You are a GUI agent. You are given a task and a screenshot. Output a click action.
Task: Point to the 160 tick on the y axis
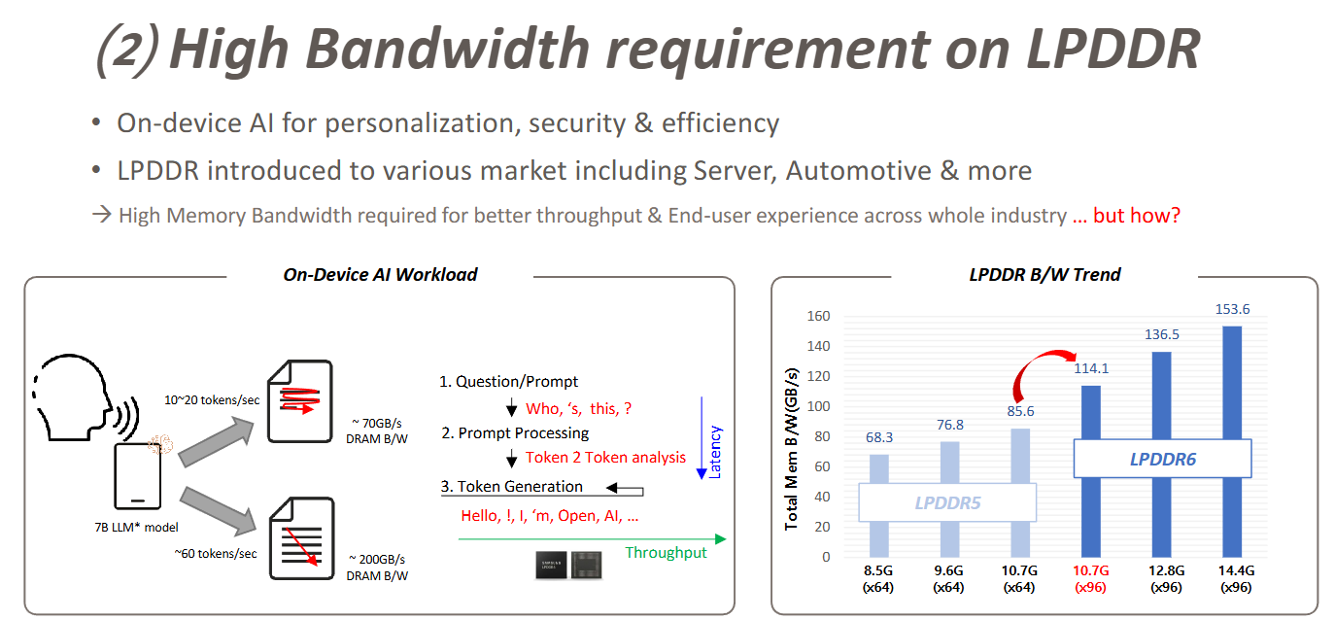817,316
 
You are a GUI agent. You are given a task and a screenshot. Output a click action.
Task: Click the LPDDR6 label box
1162,459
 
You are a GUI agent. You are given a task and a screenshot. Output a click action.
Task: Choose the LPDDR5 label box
947,503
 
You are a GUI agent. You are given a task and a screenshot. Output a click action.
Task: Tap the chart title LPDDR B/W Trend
1044,275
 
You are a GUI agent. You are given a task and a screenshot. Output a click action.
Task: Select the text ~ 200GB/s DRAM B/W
378,568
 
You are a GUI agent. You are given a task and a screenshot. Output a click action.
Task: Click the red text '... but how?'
1126,216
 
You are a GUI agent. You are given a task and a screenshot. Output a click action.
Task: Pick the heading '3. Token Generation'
512,487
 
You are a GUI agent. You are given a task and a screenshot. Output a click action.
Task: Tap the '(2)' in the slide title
127,51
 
